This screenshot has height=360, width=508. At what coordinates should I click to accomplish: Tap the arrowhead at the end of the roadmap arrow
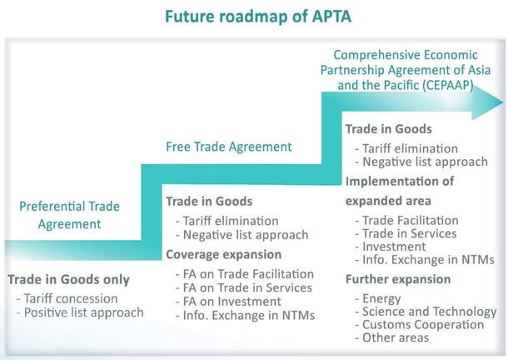tap(487, 102)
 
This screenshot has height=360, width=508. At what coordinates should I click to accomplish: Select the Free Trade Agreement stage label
tap(229, 147)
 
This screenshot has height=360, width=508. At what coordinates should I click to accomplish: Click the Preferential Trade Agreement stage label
tap(69, 215)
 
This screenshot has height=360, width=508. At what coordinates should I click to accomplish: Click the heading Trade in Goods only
tap(68, 279)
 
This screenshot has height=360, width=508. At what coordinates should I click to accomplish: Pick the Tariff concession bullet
tap(67, 298)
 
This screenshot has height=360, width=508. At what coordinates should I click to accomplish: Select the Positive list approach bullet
tap(80, 312)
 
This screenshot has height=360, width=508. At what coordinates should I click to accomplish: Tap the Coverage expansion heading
tap(223, 255)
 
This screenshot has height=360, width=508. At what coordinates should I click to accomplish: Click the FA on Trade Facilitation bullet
tap(245, 274)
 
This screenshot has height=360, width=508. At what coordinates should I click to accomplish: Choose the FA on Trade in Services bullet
tap(244, 287)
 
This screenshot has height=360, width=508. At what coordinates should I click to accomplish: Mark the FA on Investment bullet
tap(228, 302)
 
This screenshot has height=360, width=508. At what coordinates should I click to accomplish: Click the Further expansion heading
tap(398, 279)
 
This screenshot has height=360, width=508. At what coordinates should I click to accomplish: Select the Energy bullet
tap(378, 298)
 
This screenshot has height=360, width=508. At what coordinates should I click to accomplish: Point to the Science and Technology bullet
tap(426, 312)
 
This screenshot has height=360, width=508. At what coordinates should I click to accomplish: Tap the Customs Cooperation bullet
tap(420, 324)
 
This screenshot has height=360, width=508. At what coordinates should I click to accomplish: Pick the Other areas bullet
tap(392, 337)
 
